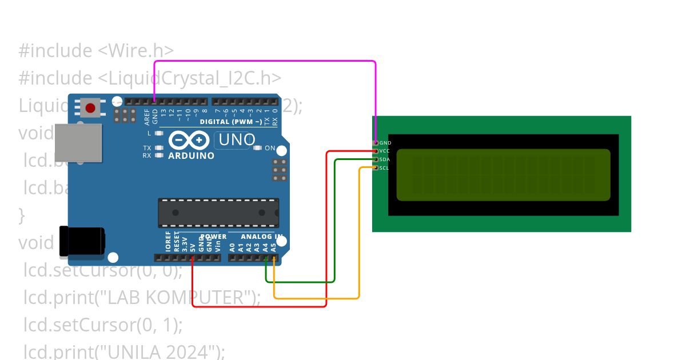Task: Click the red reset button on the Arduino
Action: pyautogui.click(x=90, y=107)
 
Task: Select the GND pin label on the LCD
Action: pyautogui.click(x=385, y=142)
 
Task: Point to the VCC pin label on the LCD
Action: pyautogui.click(x=385, y=151)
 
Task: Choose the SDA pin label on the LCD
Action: pyautogui.click(x=385, y=159)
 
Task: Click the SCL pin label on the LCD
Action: pyautogui.click(x=384, y=168)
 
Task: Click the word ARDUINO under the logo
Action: pyautogui.click(x=191, y=155)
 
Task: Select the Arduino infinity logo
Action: pyautogui.click(x=189, y=140)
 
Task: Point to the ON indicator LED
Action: pyautogui.click(x=257, y=148)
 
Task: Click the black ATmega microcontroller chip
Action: pyautogui.click(x=218, y=213)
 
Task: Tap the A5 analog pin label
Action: pyautogui.click(x=273, y=247)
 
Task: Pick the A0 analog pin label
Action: pyautogui.click(x=232, y=247)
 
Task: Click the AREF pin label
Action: pyautogui.click(x=147, y=117)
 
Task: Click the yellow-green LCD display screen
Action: pyautogui.click(x=503, y=175)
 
